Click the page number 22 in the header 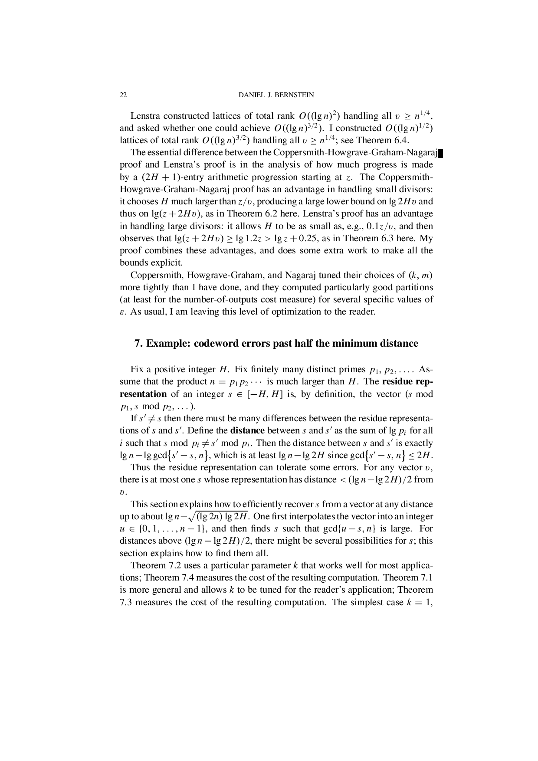click(123, 95)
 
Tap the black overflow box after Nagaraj click(440, 153)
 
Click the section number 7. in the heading click(139, 344)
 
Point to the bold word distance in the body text click(247, 431)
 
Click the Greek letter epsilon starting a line click(122, 312)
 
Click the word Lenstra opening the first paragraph click(145, 116)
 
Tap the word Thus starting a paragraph click(140, 467)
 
